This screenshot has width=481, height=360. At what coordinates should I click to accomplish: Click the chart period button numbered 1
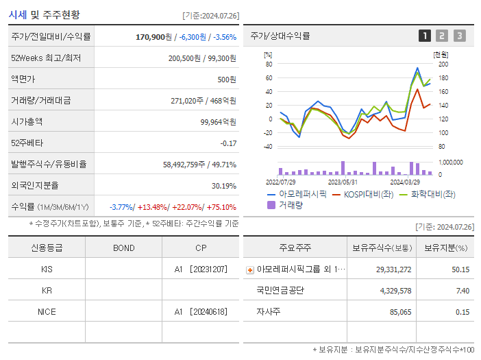click(x=425, y=36)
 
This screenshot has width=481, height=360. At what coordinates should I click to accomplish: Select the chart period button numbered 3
click(x=459, y=36)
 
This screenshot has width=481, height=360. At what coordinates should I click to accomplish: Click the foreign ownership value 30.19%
click(x=223, y=185)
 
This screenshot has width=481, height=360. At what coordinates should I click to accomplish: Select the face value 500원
click(x=227, y=79)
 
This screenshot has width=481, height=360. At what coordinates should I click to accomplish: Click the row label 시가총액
click(x=27, y=121)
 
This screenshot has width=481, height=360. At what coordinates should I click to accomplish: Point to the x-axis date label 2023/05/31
click(x=343, y=182)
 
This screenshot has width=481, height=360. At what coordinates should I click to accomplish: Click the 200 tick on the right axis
click(x=443, y=64)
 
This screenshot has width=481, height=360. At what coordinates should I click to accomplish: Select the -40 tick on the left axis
click(x=268, y=146)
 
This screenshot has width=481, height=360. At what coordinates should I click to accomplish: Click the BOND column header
click(x=123, y=248)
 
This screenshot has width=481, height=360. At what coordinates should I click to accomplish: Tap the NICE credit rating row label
click(x=47, y=311)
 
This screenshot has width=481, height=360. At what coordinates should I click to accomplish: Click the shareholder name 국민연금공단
click(x=280, y=290)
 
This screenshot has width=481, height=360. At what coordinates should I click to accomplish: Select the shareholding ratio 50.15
click(x=461, y=269)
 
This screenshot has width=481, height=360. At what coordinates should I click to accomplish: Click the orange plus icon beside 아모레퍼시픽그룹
click(x=250, y=269)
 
